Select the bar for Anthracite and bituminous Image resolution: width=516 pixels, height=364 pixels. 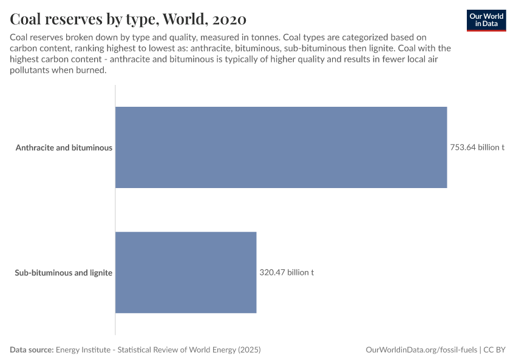[x=281, y=147]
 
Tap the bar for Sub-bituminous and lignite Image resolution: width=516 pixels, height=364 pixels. [x=186, y=272]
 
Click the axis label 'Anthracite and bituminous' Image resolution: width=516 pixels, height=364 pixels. [x=64, y=147]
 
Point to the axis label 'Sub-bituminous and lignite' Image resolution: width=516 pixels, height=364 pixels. [x=63, y=272]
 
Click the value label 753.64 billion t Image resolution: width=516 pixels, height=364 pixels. [x=477, y=147]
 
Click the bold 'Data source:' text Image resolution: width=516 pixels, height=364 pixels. [x=32, y=350]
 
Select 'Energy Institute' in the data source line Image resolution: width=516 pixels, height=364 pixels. [x=82, y=350]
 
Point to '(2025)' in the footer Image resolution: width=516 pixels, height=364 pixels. [x=249, y=350]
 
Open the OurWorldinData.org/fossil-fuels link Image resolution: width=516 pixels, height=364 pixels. [x=422, y=350]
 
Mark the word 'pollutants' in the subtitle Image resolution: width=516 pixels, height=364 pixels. [x=30, y=70]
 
